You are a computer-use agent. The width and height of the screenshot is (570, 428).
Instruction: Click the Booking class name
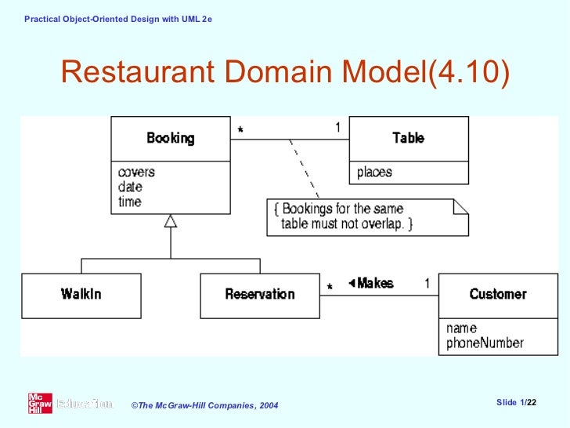(170, 139)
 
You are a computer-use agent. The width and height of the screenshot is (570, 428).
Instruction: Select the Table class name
(408, 139)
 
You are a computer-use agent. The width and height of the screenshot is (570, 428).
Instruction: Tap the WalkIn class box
(81, 295)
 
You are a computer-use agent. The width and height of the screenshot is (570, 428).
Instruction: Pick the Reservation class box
(259, 295)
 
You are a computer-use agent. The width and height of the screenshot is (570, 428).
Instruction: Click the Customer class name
(497, 295)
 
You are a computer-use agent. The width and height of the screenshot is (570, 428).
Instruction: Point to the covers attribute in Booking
(136, 172)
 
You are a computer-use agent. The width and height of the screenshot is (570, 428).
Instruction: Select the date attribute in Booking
(130, 187)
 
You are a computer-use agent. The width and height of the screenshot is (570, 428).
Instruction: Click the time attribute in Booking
(130, 202)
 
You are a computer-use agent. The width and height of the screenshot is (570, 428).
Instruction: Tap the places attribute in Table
(374, 172)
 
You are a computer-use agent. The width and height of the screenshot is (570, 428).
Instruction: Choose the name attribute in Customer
(461, 328)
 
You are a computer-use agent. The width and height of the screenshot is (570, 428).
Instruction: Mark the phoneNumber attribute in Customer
(485, 343)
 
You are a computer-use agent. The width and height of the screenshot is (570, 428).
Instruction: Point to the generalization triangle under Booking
(171, 221)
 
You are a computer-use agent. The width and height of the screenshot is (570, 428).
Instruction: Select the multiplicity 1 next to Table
(337, 127)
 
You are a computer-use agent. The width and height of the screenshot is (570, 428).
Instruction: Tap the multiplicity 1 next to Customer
(427, 283)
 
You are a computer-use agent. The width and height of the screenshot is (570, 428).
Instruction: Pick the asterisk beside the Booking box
(240, 131)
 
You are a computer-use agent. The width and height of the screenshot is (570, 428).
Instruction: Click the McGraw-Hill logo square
(40, 404)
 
